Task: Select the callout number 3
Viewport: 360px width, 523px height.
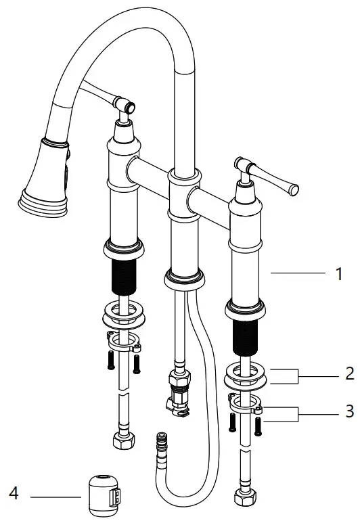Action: pos(349,411)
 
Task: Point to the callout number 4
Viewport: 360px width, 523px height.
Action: pos(14,495)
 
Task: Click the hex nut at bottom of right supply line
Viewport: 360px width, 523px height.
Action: pos(244,497)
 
